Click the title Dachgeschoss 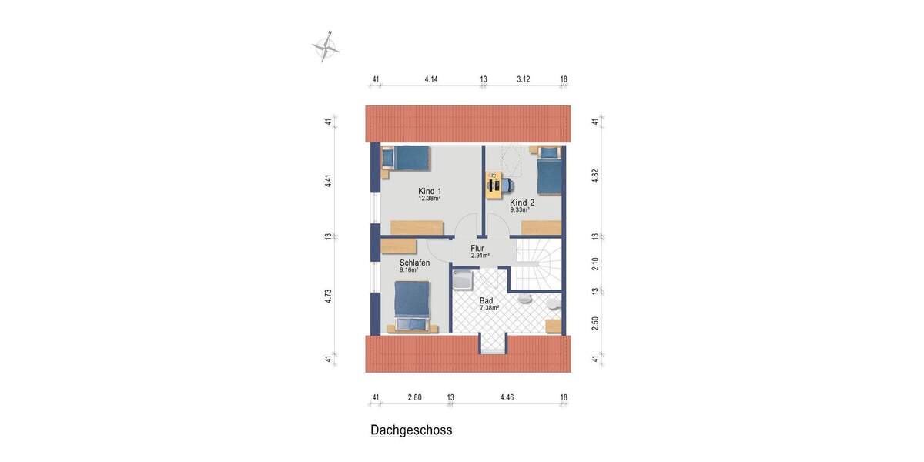411,430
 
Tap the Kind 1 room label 430,191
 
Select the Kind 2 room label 522,203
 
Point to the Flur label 477,249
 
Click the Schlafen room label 414,263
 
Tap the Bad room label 487,301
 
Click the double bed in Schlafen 411,305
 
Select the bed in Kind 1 406,158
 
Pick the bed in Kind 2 548,171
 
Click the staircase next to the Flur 538,264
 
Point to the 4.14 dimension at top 431,79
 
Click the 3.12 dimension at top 524,79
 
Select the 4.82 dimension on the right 595,176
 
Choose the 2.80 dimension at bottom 415,397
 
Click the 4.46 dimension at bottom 507,397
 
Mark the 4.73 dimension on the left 328,296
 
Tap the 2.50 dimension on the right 595,323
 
